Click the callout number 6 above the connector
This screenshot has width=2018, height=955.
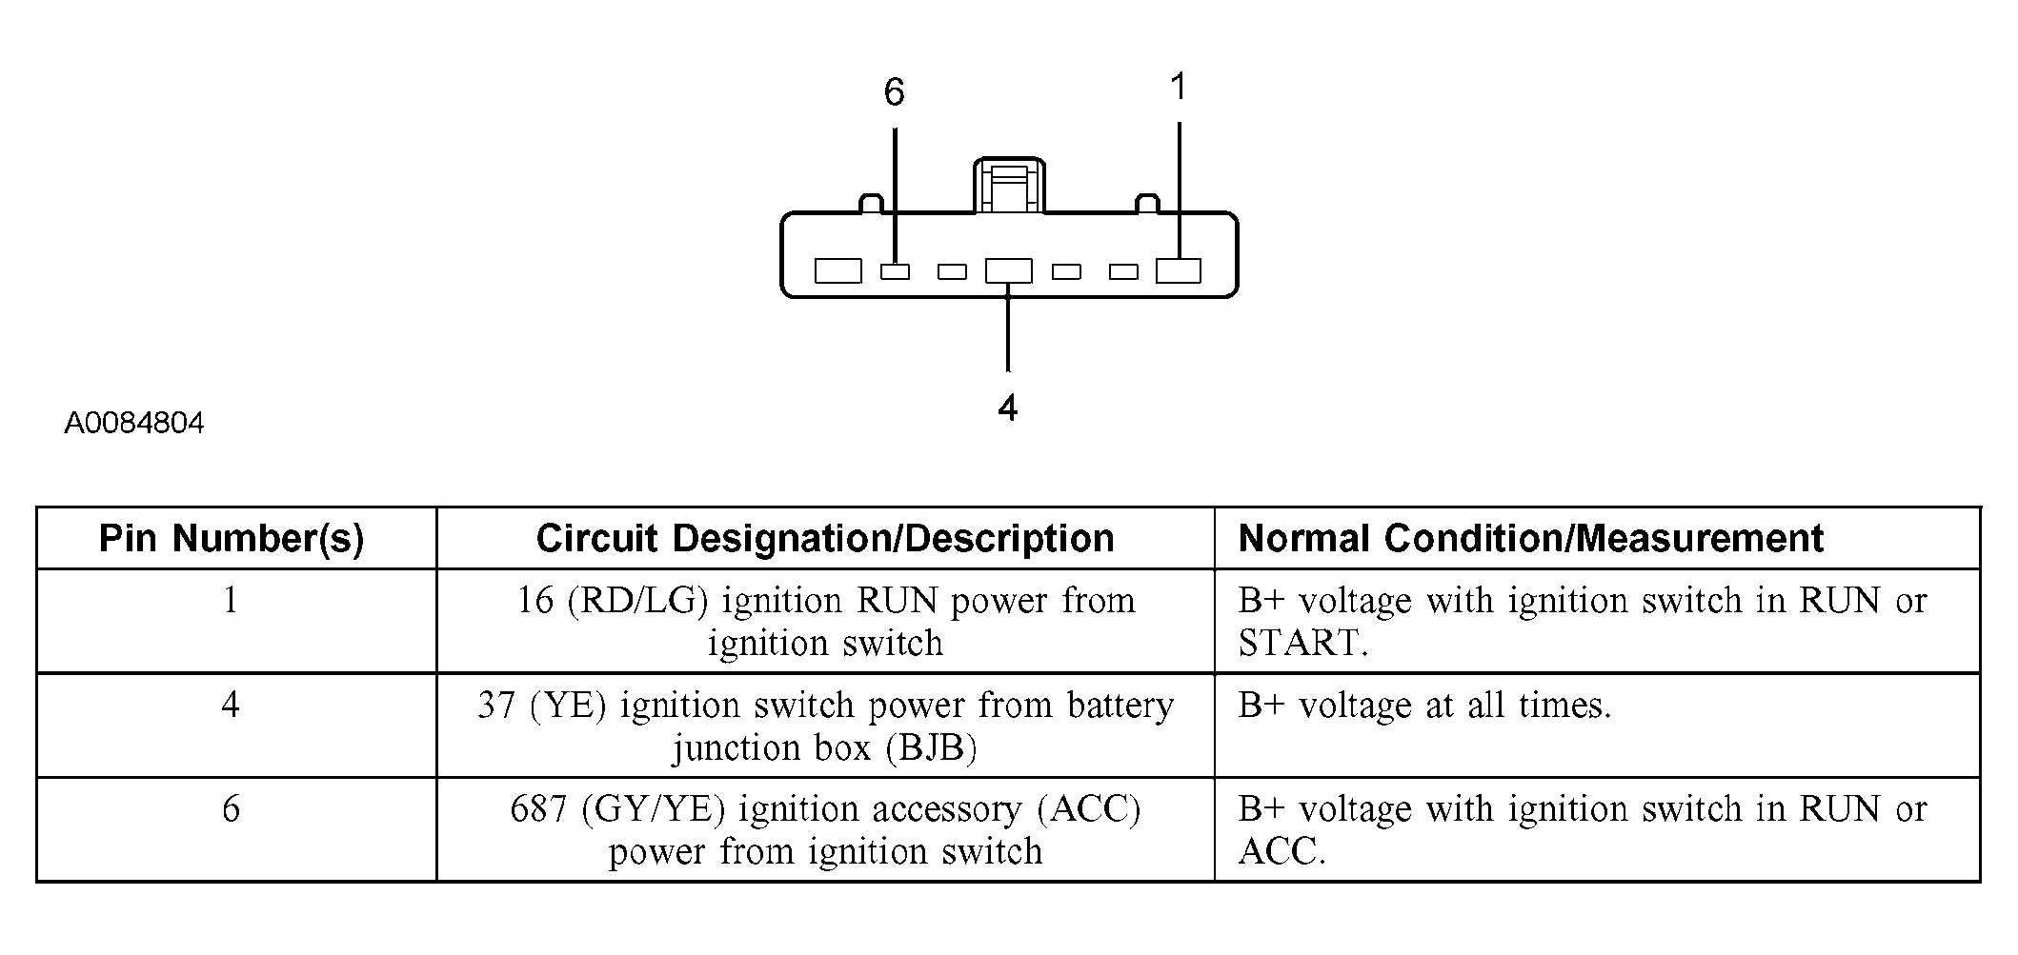894,92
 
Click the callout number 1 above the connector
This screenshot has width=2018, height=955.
1179,87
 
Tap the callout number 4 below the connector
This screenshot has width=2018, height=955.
1007,408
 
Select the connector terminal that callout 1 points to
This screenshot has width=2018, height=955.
1179,271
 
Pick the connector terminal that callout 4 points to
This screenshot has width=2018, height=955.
1008,271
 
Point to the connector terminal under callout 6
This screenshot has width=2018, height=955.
895,272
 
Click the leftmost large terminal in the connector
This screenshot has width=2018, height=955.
838,271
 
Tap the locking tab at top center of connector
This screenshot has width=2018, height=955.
1008,186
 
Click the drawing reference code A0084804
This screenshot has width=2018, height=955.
134,423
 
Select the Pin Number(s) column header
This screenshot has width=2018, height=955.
232,539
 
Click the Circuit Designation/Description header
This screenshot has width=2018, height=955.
825,539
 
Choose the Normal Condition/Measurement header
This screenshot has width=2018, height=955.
1530,539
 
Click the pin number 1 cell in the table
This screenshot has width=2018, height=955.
231,601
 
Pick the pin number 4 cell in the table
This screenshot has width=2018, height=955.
231,706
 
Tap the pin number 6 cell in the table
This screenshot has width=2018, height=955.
231,809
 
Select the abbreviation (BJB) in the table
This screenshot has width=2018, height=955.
931,748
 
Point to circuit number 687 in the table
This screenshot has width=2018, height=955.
538,809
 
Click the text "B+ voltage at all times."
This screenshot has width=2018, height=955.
1424,706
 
